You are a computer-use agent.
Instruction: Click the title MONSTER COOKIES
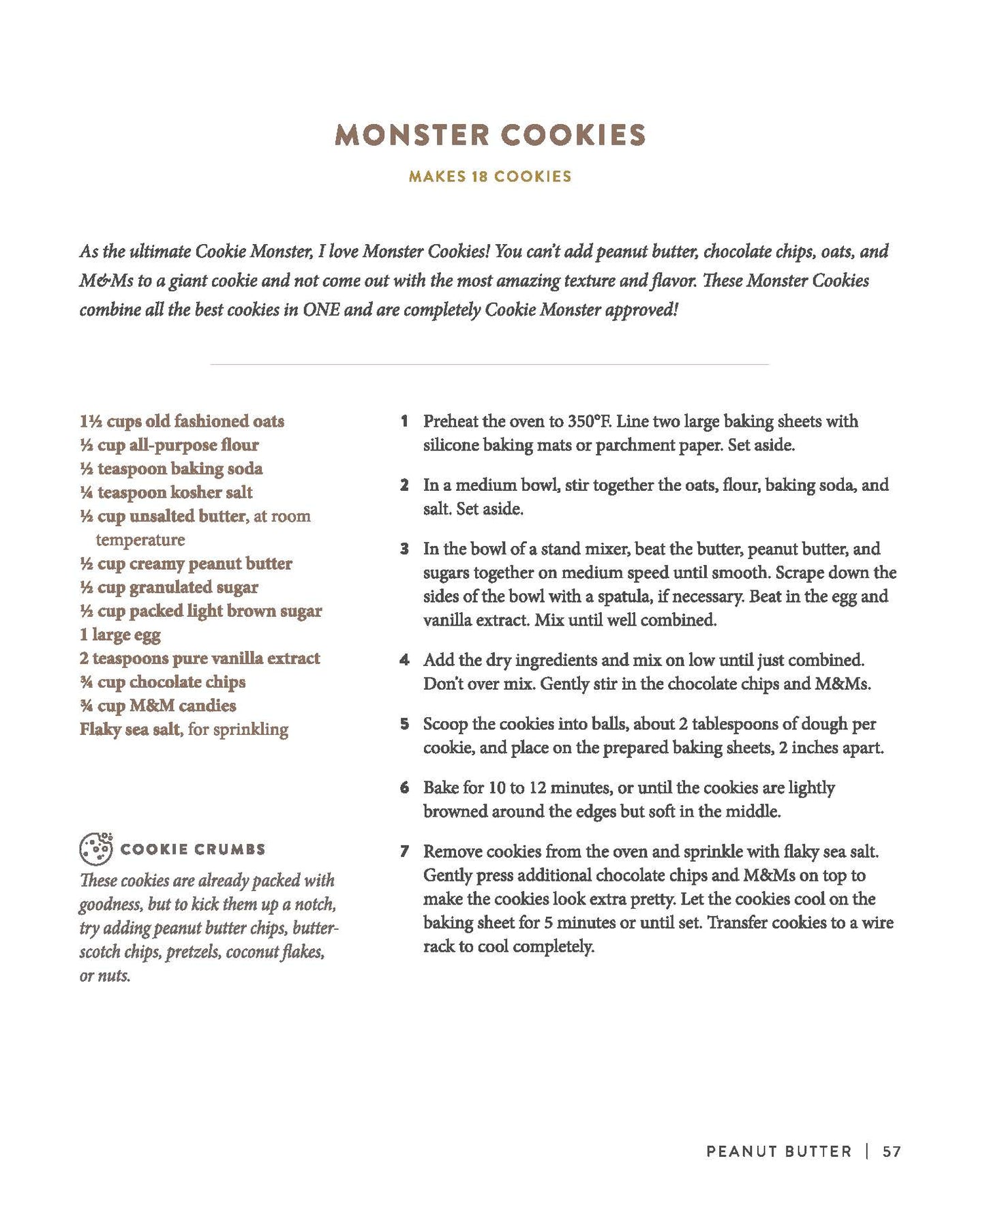point(490,135)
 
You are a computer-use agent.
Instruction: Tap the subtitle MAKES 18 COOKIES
point(490,177)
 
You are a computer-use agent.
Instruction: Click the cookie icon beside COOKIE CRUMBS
point(96,848)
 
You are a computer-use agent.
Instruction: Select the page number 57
point(892,1151)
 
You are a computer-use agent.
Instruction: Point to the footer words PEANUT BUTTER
point(778,1151)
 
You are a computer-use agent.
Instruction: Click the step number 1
point(404,421)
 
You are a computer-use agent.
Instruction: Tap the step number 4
point(404,660)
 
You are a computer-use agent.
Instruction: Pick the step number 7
point(404,851)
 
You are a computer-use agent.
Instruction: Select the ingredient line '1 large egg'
point(120,635)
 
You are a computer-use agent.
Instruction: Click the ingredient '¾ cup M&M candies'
point(157,706)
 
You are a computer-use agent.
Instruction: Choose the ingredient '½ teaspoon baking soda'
point(170,468)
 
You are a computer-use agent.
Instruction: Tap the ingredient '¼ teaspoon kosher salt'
point(166,492)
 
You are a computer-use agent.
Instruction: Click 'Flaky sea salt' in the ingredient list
point(130,729)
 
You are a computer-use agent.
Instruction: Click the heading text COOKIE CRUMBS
point(193,849)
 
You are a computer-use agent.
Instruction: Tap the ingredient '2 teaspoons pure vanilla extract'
point(199,659)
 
